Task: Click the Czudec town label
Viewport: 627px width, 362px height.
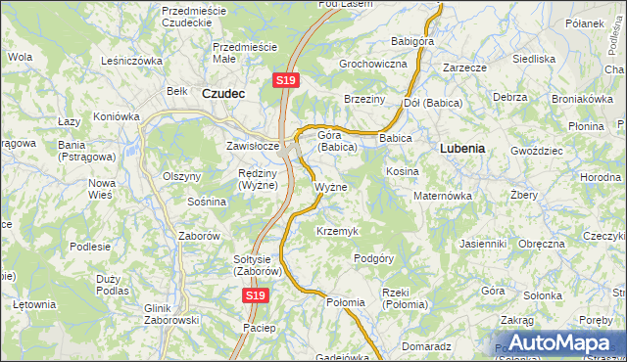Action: pos(222,93)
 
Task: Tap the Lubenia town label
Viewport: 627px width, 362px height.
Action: pos(462,149)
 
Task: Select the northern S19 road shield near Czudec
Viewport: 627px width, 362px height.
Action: pos(285,80)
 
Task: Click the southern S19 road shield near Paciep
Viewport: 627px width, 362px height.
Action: pos(256,294)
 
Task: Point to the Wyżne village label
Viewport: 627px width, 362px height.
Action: pos(330,187)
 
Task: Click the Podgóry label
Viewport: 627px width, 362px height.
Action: pos(373,258)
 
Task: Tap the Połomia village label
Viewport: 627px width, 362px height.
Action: pos(346,302)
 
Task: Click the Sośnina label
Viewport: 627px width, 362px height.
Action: pos(207,202)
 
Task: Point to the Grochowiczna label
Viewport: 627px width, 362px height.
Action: pos(372,64)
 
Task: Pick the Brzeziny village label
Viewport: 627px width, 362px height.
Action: pos(364,100)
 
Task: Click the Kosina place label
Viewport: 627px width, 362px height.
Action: pos(402,171)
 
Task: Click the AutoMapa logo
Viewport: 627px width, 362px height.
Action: pos(555,343)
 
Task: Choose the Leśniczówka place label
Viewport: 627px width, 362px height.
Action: pos(131,60)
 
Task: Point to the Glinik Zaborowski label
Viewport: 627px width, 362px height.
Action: pos(171,313)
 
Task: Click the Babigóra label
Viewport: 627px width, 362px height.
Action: pos(412,42)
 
